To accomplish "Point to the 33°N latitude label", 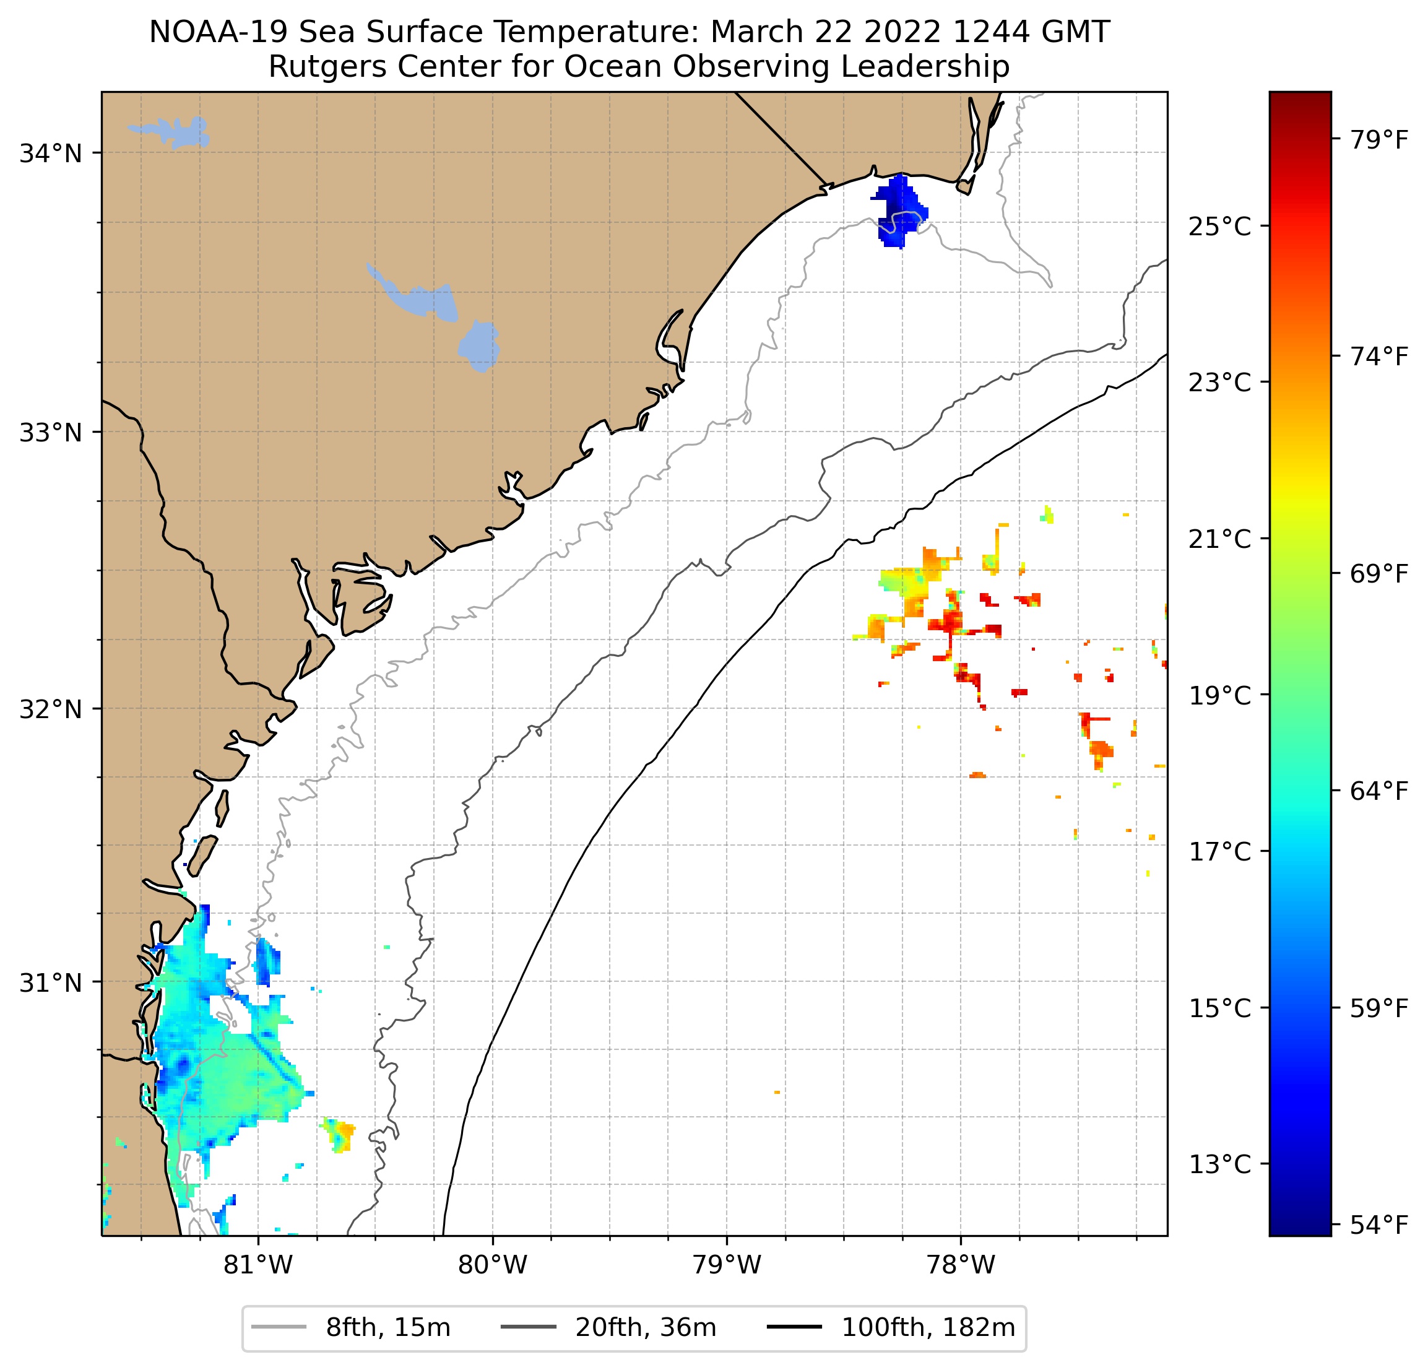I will tap(50, 432).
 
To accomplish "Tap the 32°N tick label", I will tap(50, 709).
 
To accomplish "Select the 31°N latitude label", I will tap(50, 983).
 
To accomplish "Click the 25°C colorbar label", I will tap(1219, 227).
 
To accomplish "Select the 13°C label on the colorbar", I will tap(1219, 1164).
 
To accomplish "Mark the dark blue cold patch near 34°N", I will tap(901, 210).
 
